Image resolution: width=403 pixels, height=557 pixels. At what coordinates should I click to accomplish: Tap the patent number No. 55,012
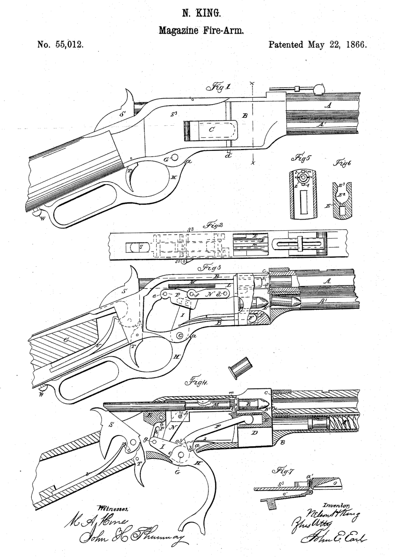pos(59,46)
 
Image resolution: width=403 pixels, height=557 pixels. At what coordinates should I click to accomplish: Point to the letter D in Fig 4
pos(253,435)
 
